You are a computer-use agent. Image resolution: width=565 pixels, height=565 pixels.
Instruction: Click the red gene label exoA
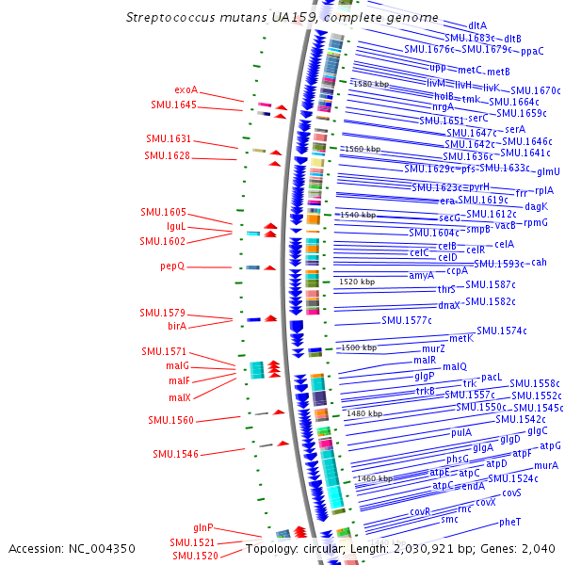tap(186, 90)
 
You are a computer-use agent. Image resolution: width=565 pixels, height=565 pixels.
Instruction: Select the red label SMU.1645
tap(173, 105)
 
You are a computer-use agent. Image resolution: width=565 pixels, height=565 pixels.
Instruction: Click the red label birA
tap(177, 326)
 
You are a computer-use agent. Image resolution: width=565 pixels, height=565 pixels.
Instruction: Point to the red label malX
tap(180, 397)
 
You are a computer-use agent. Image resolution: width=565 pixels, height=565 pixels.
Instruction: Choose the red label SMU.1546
tap(176, 454)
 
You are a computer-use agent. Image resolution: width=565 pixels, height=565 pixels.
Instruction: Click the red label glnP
tap(203, 528)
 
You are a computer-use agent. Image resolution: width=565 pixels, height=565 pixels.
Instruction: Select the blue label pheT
tap(509, 522)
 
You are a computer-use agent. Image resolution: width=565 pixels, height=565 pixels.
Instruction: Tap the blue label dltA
tap(477, 25)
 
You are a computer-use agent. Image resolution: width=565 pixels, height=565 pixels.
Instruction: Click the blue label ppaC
tap(532, 51)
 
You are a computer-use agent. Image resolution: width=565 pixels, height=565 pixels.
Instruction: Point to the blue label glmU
tap(548, 171)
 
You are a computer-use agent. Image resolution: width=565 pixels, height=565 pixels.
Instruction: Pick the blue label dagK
tap(536, 206)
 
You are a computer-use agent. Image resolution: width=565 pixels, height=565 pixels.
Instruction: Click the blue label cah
tap(539, 263)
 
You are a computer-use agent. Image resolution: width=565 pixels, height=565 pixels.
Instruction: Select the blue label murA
tap(546, 465)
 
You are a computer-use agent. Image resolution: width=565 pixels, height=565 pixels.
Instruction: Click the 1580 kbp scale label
tap(370, 84)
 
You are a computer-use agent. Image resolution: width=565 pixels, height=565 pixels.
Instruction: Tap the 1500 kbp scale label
tap(358, 347)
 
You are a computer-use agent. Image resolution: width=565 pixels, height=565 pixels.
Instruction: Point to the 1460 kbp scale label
tap(374, 478)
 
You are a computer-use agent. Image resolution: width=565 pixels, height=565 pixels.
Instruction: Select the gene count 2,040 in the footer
tap(539, 548)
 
